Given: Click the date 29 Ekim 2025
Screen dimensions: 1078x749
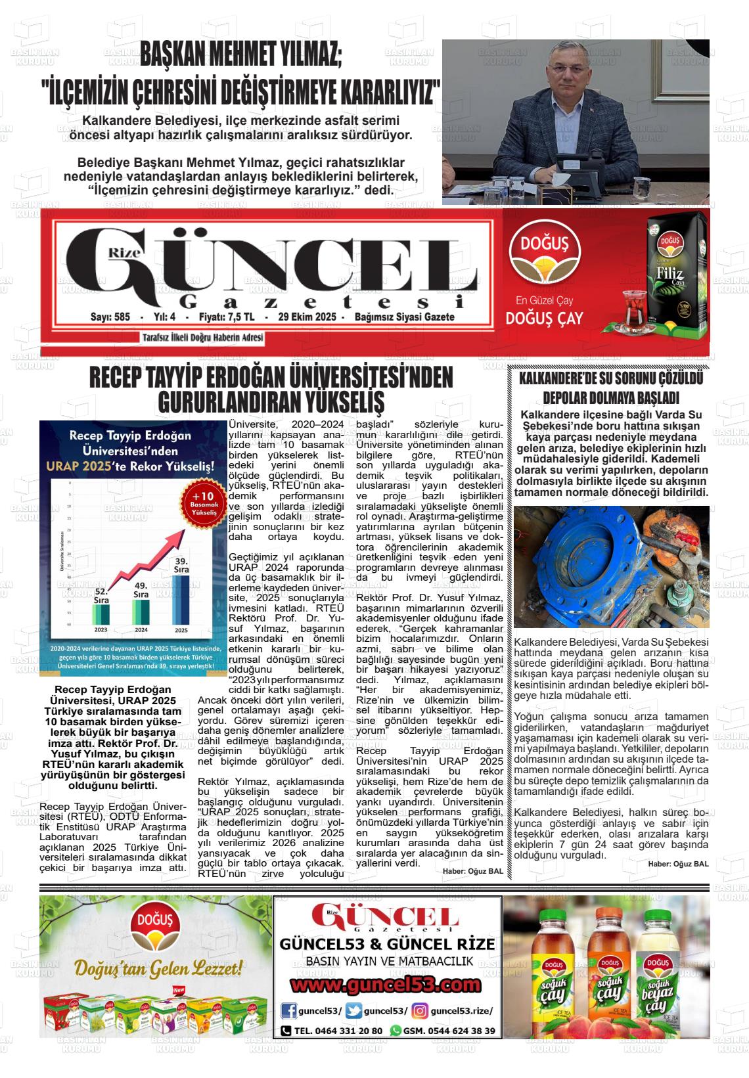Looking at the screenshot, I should click(x=307, y=317).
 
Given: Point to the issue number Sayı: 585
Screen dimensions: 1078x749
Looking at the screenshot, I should click(x=110, y=317).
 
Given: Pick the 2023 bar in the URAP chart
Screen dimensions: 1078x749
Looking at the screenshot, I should click(x=101, y=614).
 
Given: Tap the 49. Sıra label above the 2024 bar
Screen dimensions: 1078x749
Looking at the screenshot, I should click(x=141, y=589).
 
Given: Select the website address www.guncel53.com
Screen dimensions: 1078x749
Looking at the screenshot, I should click(x=386, y=985).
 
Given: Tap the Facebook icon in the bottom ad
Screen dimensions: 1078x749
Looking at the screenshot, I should click(x=288, y=1010).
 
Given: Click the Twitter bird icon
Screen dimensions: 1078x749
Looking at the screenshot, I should click(x=353, y=1010).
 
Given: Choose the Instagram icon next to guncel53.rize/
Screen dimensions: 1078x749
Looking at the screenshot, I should click(x=420, y=1010).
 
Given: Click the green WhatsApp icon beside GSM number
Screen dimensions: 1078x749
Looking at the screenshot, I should click(x=396, y=1031).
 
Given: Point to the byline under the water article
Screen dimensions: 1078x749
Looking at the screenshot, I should click(x=678, y=864).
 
